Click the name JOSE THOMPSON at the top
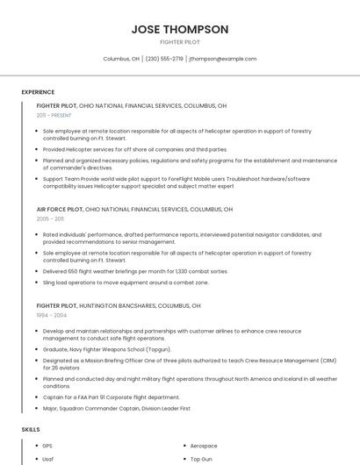click(180, 29)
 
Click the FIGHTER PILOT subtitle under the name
click(180, 42)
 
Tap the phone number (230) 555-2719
click(164, 59)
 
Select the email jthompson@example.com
click(223, 59)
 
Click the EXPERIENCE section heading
click(38, 92)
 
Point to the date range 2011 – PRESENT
click(54, 115)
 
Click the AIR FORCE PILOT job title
click(59, 210)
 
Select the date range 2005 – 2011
click(50, 219)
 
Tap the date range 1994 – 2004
click(51, 314)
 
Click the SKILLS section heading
click(31, 429)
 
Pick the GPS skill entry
click(47, 446)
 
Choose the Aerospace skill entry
click(204, 446)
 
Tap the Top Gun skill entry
click(201, 459)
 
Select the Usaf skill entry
click(48, 459)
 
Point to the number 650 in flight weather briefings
click(76, 271)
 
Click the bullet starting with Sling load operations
click(126, 283)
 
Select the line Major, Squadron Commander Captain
click(116, 408)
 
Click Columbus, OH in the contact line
click(121, 59)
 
